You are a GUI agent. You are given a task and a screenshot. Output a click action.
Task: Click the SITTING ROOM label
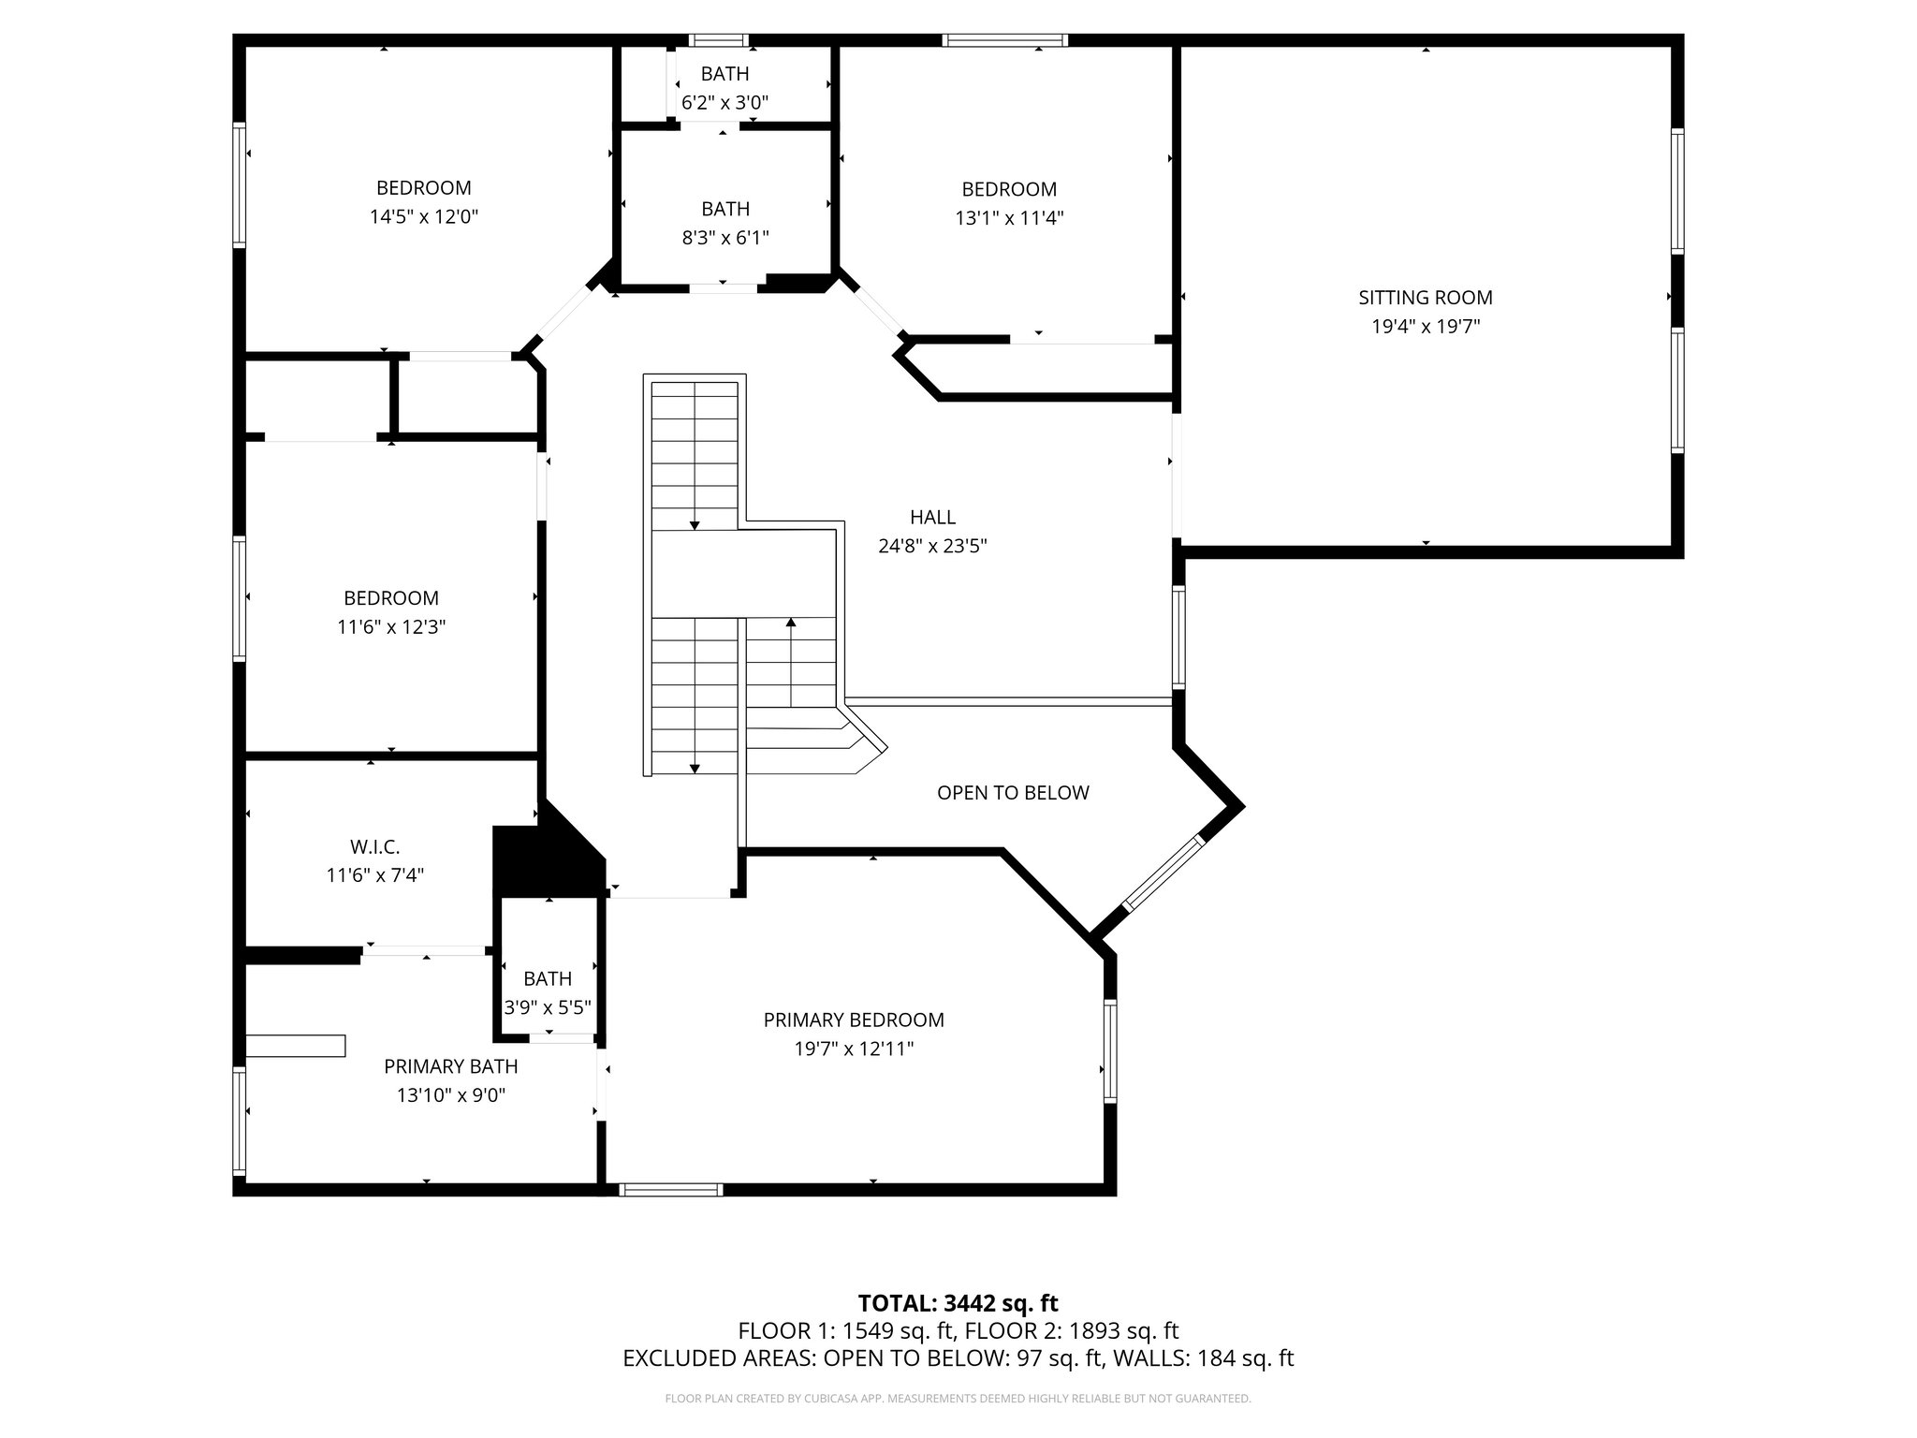(1425, 298)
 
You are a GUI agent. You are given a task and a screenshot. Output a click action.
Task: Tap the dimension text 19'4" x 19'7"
(1425, 327)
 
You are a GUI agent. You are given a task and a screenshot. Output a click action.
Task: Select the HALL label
(932, 517)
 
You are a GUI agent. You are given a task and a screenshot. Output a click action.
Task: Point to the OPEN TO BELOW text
(1013, 793)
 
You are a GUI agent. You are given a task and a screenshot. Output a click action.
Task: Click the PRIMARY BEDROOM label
(854, 1020)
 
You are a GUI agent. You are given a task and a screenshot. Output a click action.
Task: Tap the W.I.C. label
(374, 847)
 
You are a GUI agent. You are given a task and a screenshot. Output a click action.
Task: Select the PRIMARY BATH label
(450, 1066)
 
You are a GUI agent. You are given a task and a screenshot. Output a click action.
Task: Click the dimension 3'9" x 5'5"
(548, 1007)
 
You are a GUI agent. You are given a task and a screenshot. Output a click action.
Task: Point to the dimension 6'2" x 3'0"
(724, 102)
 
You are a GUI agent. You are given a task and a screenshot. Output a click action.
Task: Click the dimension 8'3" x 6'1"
(724, 238)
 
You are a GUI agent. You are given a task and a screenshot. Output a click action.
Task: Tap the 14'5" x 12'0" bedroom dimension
(423, 217)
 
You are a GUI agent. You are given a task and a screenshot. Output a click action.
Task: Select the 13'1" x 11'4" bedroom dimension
(1009, 218)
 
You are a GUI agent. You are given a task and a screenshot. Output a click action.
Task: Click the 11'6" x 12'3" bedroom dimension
(391, 627)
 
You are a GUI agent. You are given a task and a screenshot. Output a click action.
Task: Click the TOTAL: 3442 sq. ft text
(958, 1303)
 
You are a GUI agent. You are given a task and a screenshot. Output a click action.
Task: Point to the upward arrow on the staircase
(791, 623)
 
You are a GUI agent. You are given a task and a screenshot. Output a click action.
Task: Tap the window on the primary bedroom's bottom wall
(670, 1189)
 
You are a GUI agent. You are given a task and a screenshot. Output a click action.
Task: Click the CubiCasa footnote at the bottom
(958, 1399)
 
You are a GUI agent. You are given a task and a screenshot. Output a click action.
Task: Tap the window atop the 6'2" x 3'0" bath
(719, 40)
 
